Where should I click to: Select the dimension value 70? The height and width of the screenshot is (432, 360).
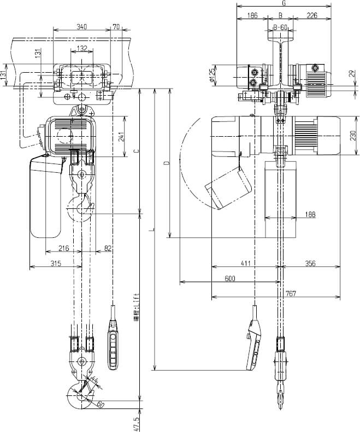pos(115,26)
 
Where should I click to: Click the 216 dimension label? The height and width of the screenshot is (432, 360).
pos(63,249)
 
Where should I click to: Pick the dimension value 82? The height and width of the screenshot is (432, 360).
pos(108,249)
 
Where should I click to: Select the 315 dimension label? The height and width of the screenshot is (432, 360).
pos(55,264)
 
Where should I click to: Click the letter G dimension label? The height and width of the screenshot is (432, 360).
pos(284,3)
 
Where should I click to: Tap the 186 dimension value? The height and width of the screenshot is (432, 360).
pos(252,16)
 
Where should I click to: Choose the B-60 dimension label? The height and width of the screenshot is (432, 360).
pos(280,27)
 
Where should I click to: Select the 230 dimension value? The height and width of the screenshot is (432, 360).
pos(353,134)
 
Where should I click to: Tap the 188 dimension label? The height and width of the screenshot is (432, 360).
pos(309,214)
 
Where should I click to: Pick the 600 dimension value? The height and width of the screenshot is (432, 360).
pos(229,278)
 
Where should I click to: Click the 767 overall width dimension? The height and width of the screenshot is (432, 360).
pos(291,294)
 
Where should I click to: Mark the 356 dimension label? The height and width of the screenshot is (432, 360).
pos(310,264)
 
